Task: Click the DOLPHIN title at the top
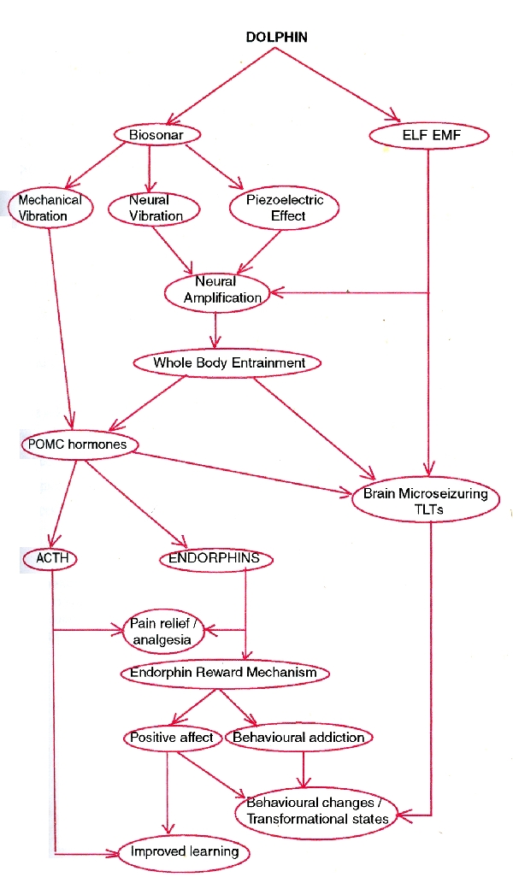(276, 38)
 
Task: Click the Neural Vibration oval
(155, 208)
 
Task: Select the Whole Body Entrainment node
(228, 363)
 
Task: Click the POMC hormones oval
(77, 444)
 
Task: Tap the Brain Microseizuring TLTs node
(425, 501)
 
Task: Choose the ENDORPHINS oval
(215, 559)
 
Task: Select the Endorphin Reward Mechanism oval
(223, 673)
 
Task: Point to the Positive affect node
(171, 737)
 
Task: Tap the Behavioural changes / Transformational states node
(316, 810)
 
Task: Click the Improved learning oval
(184, 852)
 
